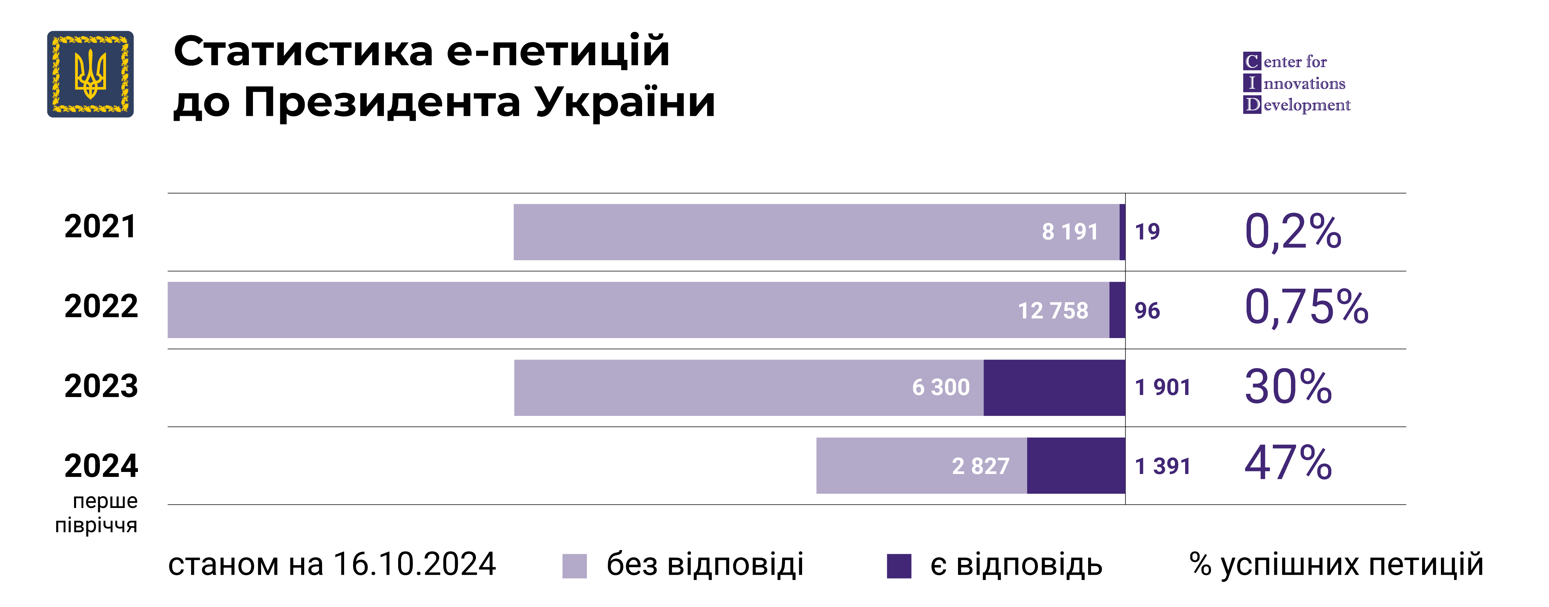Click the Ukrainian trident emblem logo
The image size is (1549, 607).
[90, 74]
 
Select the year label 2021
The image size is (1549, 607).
[100, 227]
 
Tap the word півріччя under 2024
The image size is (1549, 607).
[96, 525]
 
